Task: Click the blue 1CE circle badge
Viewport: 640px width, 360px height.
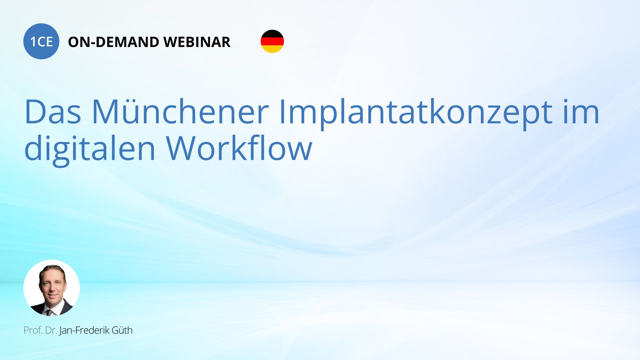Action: [41, 41]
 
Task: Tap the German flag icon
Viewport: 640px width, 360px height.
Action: [272, 41]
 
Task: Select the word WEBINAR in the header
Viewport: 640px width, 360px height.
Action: [197, 42]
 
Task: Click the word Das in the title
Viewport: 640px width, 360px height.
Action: [53, 112]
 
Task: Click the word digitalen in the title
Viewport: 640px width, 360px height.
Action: [90, 150]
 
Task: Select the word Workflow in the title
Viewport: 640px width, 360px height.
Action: [239, 148]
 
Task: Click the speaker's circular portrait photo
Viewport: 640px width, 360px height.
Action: [52, 288]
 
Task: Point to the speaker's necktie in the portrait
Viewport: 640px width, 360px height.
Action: [49, 313]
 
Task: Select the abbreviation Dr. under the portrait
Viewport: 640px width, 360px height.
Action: [51, 330]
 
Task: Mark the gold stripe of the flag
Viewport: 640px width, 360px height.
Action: [272, 49]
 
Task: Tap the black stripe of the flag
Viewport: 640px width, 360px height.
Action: [272, 33]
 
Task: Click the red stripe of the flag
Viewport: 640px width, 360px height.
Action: [272, 41]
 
